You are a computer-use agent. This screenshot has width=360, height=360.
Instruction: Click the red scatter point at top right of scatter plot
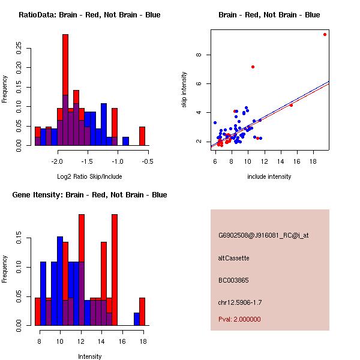[325, 34]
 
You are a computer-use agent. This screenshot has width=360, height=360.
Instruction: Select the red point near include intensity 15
[291, 105]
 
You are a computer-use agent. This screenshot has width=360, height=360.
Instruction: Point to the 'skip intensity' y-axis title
[184, 90]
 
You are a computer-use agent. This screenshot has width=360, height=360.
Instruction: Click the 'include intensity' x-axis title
[269, 176]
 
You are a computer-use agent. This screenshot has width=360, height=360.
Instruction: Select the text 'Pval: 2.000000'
[239, 319]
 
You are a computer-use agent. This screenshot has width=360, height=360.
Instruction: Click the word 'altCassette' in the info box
[233, 258]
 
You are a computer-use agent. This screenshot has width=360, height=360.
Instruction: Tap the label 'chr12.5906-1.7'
[240, 302]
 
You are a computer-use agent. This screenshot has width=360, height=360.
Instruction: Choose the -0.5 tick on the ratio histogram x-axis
[148, 161]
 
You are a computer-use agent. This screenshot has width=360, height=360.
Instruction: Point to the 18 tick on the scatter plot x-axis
[313, 161]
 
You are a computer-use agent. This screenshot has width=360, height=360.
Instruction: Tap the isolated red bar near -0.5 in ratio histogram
[142, 136]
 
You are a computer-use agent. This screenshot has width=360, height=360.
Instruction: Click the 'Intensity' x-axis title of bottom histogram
[89, 356]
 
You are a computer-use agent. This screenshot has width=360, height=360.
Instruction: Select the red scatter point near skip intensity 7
[253, 67]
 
